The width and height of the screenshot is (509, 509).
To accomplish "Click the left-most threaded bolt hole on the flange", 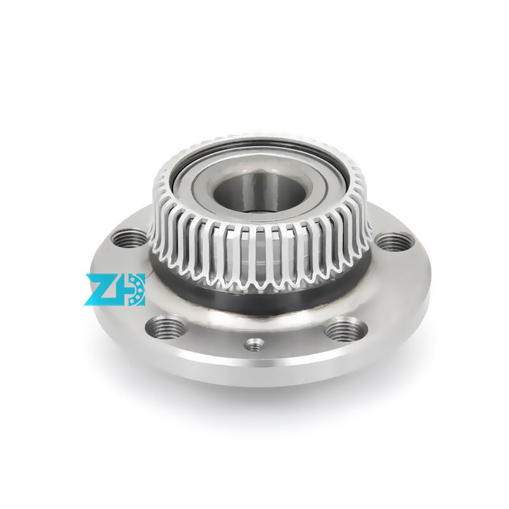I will click(x=129, y=239).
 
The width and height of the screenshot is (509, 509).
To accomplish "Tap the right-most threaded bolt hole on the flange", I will click(x=394, y=241).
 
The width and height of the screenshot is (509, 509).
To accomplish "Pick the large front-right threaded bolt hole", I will click(x=345, y=329).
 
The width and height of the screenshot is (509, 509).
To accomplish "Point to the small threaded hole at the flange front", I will click(x=254, y=345).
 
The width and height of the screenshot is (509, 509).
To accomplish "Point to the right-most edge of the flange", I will click(x=428, y=280).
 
